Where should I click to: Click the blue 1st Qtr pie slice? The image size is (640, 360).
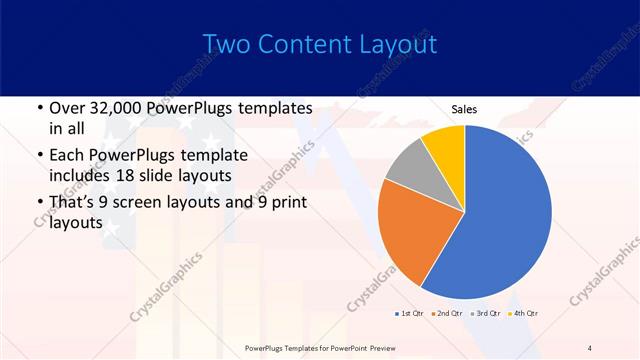pos(505,215)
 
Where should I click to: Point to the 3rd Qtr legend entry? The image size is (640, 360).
pos(486,314)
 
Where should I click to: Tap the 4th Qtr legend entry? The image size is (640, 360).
pos(524,314)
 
